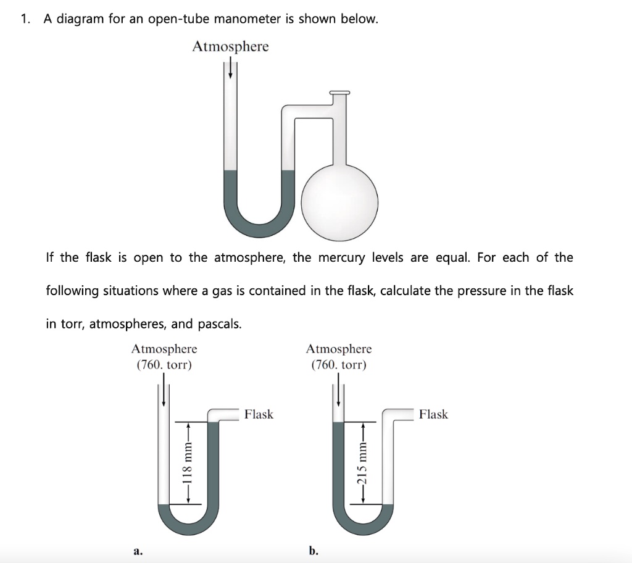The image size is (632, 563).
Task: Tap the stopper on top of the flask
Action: point(339,94)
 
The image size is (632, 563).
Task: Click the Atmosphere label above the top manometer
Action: point(230,47)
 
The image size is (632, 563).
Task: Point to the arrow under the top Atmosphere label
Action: point(231,68)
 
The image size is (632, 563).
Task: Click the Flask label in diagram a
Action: point(259,414)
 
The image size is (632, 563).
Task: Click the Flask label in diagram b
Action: point(433,414)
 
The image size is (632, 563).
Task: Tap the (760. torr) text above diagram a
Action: point(164,365)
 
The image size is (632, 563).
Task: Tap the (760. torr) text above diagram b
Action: point(339,365)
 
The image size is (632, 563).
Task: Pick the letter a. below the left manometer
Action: point(138,549)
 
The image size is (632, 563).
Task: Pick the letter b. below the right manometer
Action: point(314,549)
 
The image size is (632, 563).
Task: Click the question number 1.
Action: point(25,19)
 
